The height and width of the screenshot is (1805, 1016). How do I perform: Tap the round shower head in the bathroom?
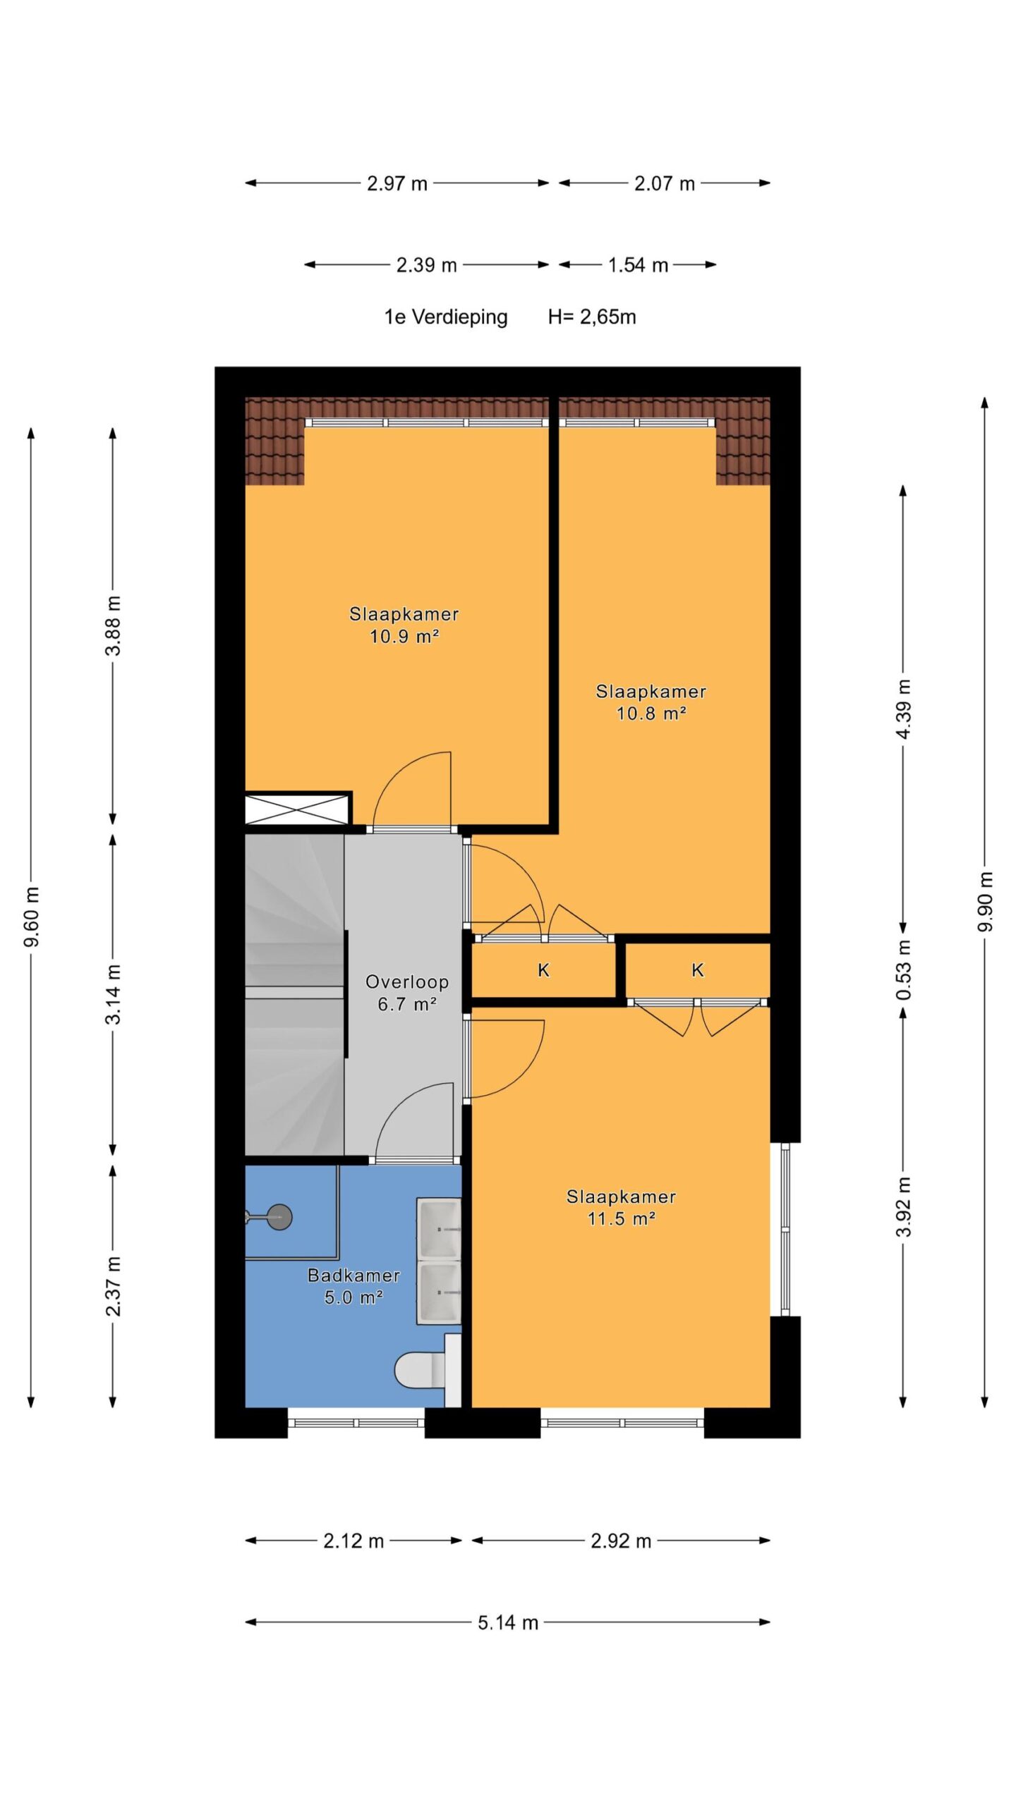click(x=279, y=1216)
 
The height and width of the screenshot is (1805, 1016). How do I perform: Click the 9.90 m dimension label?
click(x=984, y=901)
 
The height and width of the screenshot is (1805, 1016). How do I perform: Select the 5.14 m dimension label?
click(x=508, y=1622)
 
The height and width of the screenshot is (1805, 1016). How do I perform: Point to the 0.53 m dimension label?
click(x=903, y=970)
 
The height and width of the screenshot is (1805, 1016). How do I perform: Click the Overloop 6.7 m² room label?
click(x=407, y=993)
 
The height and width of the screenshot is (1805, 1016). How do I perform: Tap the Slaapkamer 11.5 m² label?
click(x=622, y=1207)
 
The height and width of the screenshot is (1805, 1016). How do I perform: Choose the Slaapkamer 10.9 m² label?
click(x=404, y=625)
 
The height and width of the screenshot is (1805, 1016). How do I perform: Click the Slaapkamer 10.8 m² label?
click(x=651, y=702)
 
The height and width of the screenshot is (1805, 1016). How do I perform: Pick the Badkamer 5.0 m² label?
click(x=353, y=1286)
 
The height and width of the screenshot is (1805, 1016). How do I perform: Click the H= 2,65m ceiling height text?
click(x=592, y=317)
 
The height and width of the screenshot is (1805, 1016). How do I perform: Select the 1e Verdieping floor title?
click(x=446, y=317)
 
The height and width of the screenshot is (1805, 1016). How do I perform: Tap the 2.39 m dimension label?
click(x=426, y=265)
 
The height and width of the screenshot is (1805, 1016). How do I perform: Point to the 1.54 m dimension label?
click(x=638, y=265)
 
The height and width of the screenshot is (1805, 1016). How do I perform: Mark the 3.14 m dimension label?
click(x=113, y=994)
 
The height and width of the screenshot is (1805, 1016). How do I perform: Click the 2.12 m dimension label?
click(x=353, y=1541)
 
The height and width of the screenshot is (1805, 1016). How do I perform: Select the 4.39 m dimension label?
click(x=903, y=708)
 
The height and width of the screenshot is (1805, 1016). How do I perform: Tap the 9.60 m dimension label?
click(x=32, y=917)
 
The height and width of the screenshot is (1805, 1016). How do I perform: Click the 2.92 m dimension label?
click(x=621, y=1541)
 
